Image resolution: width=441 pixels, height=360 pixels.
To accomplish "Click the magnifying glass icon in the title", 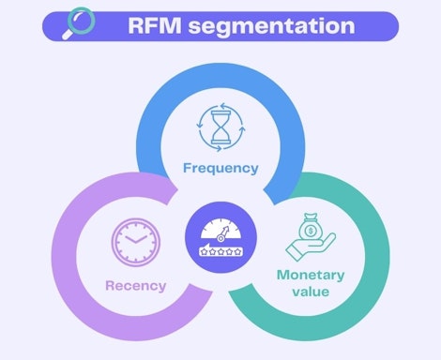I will (x=78, y=23).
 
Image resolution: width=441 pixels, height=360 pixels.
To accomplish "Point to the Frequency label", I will (x=220, y=169).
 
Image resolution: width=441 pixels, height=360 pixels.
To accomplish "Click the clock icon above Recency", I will (x=130, y=240).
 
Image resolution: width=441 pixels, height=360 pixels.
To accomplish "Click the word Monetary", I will (x=312, y=275).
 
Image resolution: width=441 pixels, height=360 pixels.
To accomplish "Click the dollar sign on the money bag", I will (x=312, y=227).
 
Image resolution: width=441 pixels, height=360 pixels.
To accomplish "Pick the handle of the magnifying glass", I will (x=68, y=33).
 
